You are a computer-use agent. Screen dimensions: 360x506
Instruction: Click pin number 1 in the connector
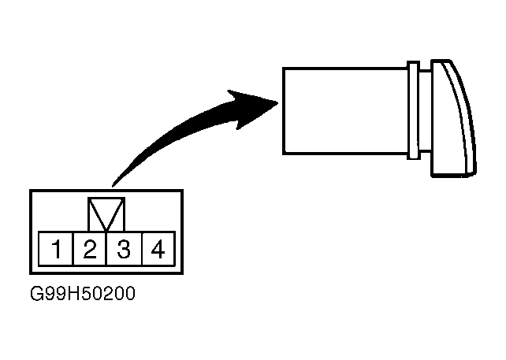pyautogui.click(x=57, y=251)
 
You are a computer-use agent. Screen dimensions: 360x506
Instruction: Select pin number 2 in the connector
pyautogui.click(x=90, y=251)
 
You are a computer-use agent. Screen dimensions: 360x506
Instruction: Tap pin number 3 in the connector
pyautogui.click(x=123, y=251)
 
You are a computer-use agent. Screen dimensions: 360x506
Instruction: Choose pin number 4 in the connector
pyautogui.click(x=157, y=251)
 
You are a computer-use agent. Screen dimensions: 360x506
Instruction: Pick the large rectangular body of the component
pyautogui.click(x=345, y=109)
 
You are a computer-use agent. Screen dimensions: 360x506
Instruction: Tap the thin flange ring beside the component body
pyautogui.click(x=412, y=109)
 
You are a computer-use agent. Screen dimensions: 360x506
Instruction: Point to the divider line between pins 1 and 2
pyautogui.click(x=73, y=251)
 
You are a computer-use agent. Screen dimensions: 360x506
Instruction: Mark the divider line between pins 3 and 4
pyautogui.click(x=140, y=251)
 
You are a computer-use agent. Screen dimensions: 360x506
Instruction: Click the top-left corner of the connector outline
pyautogui.click(x=30, y=191)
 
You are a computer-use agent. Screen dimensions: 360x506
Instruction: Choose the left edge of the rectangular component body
pyautogui.click(x=284, y=109)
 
